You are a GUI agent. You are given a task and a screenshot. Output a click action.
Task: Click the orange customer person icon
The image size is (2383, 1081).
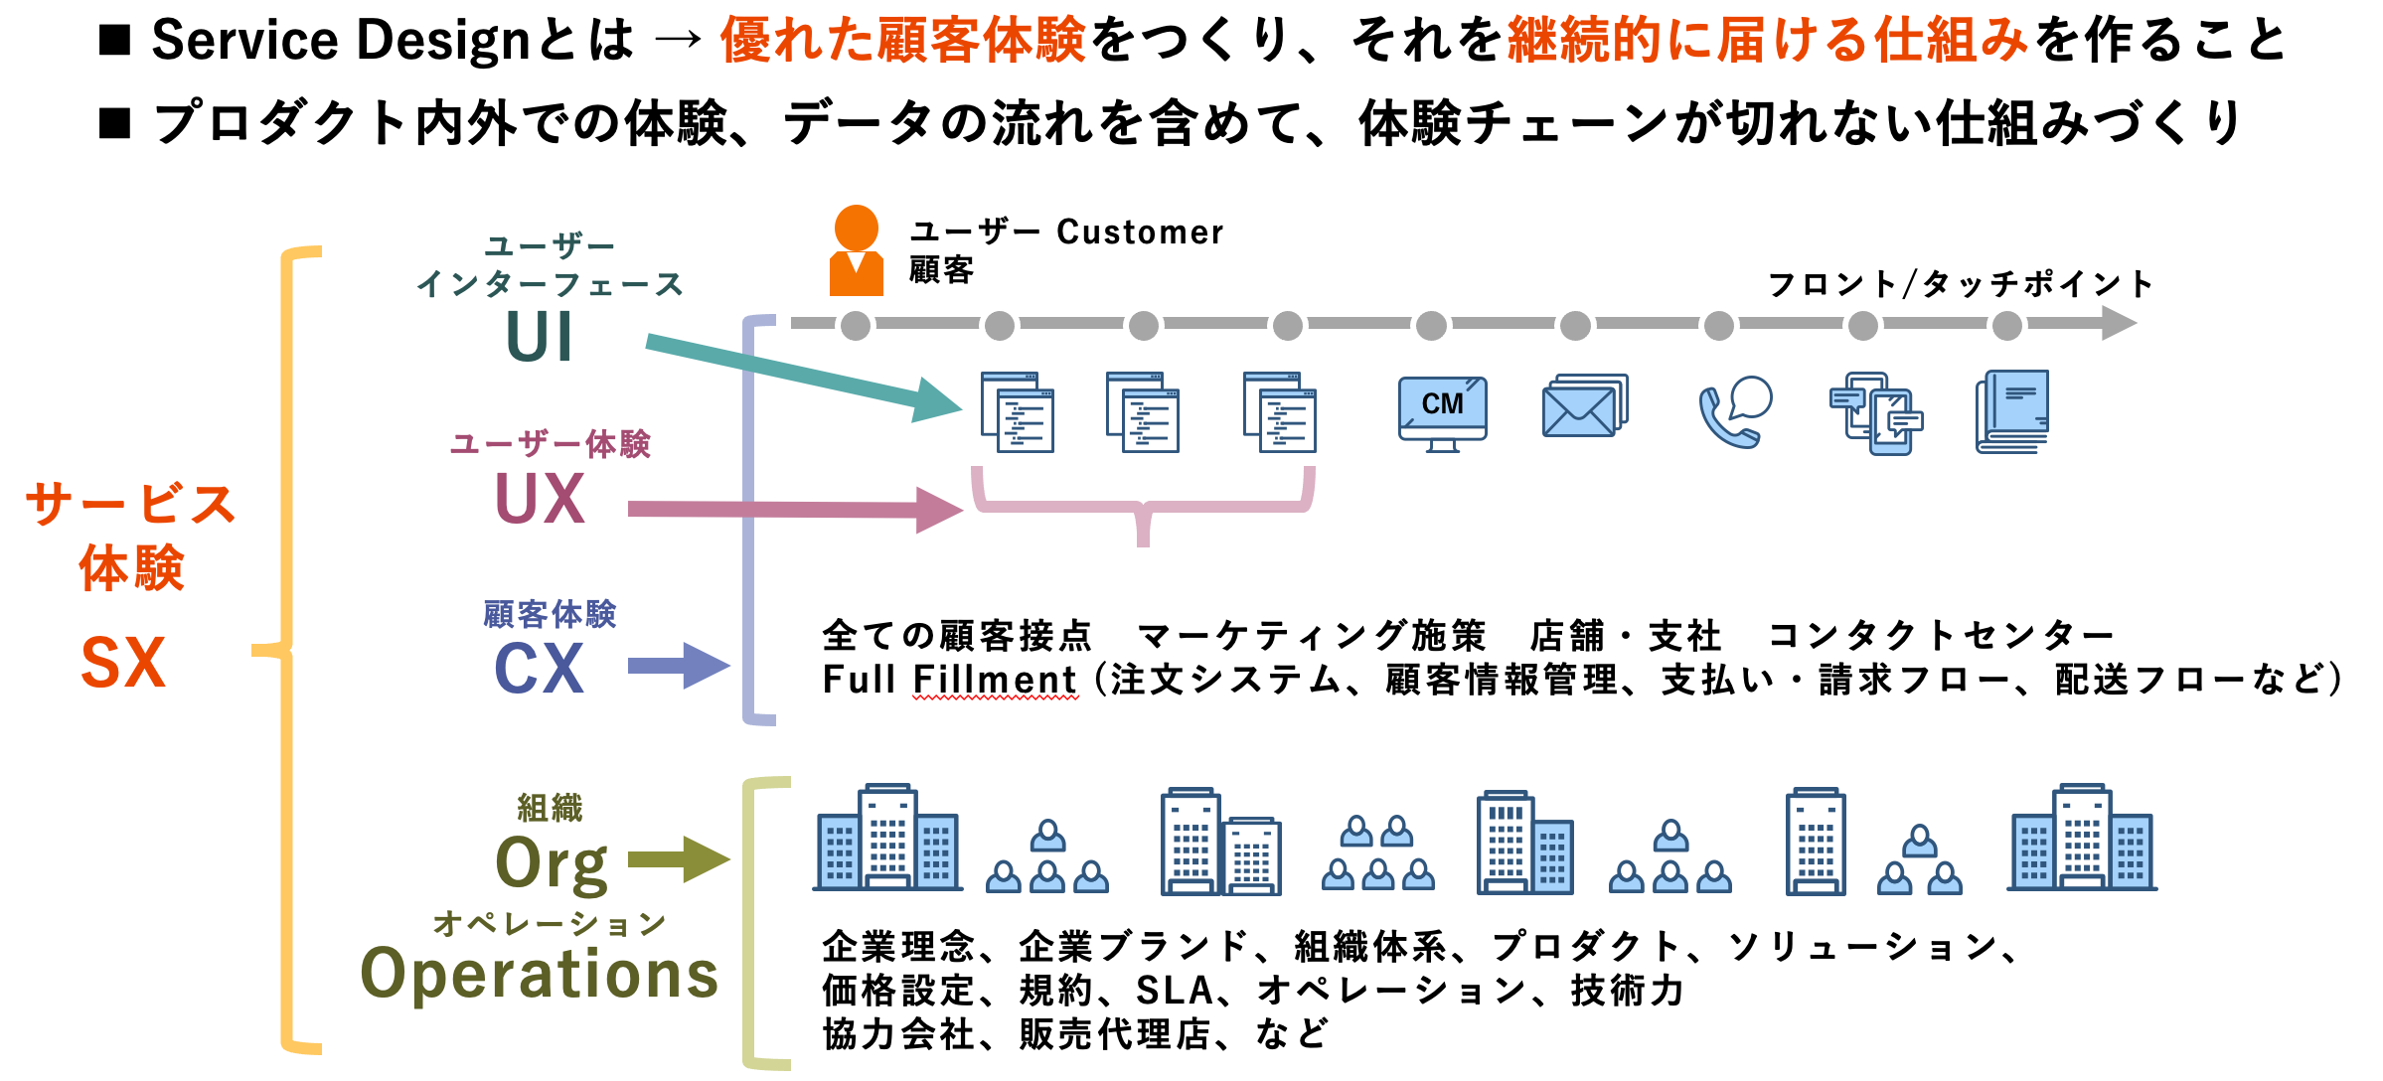(x=856, y=250)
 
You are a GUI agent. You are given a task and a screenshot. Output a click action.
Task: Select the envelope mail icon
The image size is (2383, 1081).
(x=1584, y=405)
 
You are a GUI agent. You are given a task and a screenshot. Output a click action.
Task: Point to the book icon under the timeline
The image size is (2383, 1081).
(x=2012, y=412)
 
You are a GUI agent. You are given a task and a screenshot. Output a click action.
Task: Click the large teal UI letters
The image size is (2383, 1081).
(x=539, y=337)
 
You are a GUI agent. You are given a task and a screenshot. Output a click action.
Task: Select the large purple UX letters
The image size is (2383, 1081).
(x=540, y=498)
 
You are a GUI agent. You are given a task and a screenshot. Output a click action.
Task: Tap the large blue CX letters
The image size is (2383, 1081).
(x=539, y=668)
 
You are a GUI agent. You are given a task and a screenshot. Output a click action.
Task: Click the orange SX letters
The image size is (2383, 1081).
(x=122, y=663)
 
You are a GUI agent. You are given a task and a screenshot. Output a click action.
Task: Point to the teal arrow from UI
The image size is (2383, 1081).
(x=804, y=378)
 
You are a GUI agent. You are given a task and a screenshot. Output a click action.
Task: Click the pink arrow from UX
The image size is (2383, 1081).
(x=795, y=510)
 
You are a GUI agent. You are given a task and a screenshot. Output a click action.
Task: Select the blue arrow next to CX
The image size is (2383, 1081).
(x=680, y=666)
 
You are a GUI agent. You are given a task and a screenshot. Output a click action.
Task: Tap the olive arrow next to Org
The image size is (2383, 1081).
(x=680, y=859)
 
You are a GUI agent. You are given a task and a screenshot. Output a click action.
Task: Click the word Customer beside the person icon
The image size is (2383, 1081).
(x=1140, y=232)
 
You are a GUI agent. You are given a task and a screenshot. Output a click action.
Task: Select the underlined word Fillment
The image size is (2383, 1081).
(x=995, y=680)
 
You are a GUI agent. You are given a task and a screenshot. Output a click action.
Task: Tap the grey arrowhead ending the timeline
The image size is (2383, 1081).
(x=2119, y=323)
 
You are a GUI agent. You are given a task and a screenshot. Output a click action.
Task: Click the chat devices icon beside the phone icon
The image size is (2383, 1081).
(x=1876, y=413)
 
